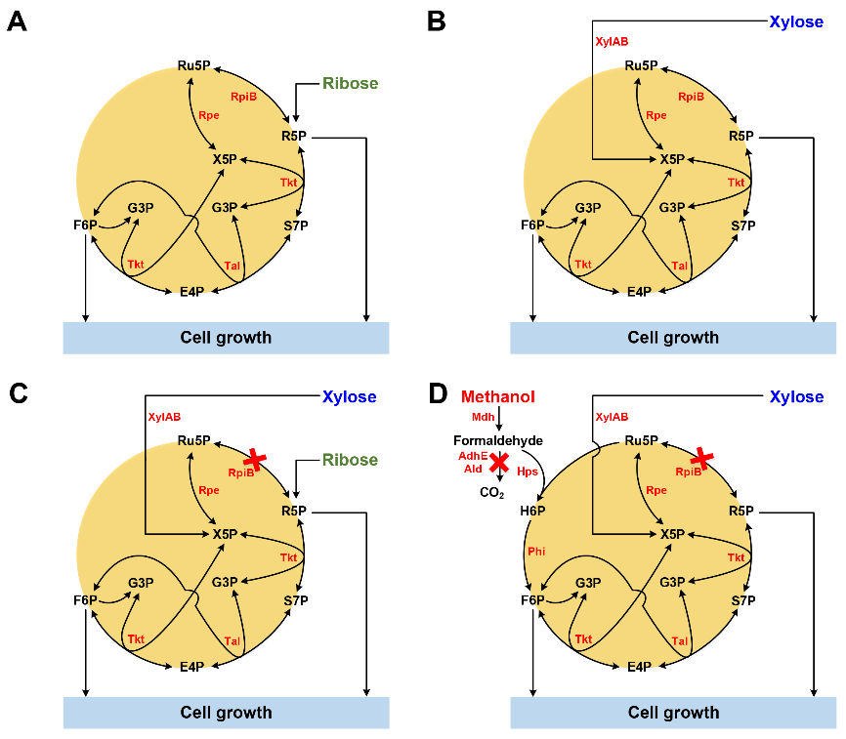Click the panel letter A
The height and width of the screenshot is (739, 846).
[18, 22]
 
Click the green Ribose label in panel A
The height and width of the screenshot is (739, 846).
[350, 84]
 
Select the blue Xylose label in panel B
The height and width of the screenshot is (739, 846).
[796, 21]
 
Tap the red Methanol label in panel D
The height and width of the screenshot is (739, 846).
[498, 396]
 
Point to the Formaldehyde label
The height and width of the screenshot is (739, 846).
[498, 440]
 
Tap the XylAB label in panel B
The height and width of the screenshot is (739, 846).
[613, 42]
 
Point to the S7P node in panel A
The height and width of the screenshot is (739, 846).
[296, 226]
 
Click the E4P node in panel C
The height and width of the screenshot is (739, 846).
[191, 667]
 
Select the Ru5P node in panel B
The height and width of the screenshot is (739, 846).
[641, 65]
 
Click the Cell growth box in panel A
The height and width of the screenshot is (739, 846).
[226, 338]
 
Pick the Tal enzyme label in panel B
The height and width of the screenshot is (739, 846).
[680, 266]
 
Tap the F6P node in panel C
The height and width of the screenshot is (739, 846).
[86, 600]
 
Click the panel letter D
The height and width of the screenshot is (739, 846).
[439, 393]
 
